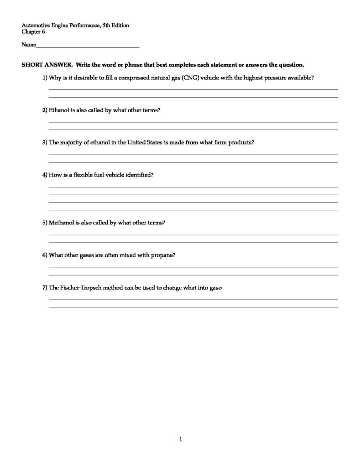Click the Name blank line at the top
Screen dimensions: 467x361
point(87,46)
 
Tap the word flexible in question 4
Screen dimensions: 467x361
point(77,175)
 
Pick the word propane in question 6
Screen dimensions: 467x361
point(162,255)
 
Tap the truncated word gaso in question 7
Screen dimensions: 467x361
point(215,288)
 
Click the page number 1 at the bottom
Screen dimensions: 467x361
point(181,440)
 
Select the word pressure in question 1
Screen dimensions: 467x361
point(274,78)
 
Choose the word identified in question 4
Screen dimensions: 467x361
point(139,175)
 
